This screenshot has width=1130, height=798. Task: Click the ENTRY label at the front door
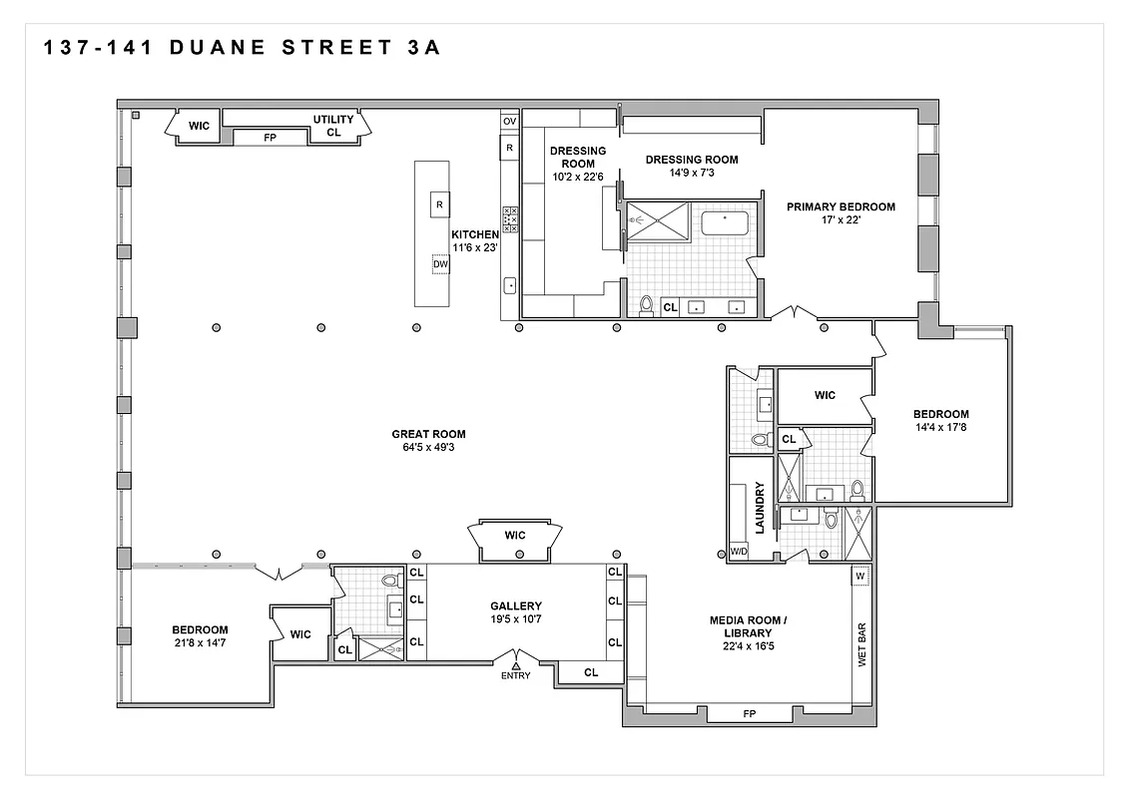516,676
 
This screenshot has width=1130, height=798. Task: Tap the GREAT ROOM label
428,434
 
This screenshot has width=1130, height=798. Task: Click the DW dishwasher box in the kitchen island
440,264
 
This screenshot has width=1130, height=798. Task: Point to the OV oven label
509,122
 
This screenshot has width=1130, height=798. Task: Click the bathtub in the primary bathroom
725,222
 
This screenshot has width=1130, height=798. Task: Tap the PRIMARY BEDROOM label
841,207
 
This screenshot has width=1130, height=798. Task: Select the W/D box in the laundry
740,551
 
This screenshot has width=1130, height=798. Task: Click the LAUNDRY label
760,508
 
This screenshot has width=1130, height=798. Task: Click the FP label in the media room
749,714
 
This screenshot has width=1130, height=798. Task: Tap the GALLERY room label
515,605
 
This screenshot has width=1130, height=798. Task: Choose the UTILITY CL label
333,126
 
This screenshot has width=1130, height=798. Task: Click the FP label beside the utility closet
270,138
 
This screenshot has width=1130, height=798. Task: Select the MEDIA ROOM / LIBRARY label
748,626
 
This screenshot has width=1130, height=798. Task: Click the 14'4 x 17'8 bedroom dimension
940,427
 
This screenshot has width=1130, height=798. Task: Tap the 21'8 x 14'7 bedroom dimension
200,643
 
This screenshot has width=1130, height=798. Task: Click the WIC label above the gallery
514,536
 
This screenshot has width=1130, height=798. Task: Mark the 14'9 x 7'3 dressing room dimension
692,173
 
